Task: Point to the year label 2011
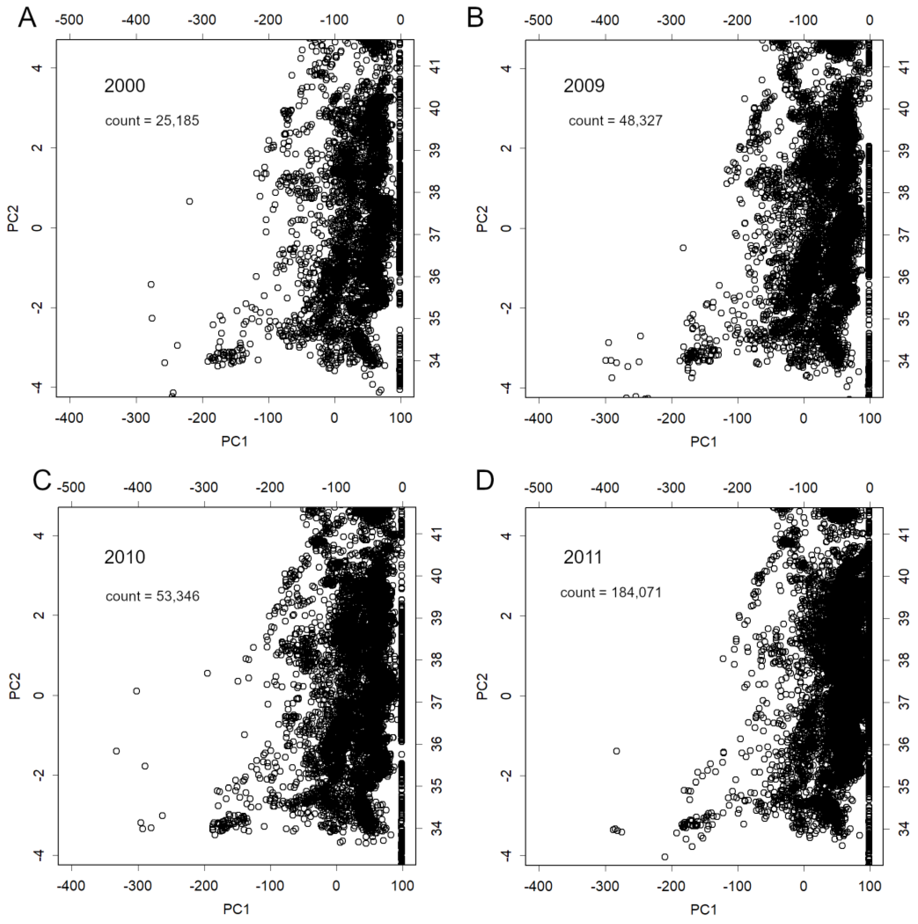tap(582, 557)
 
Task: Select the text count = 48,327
tap(615, 120)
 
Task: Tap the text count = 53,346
tap(152, 596)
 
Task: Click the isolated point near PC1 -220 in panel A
tap(189, 201)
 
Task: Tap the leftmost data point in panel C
tap(116, 751)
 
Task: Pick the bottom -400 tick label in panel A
tap(70, 418)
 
